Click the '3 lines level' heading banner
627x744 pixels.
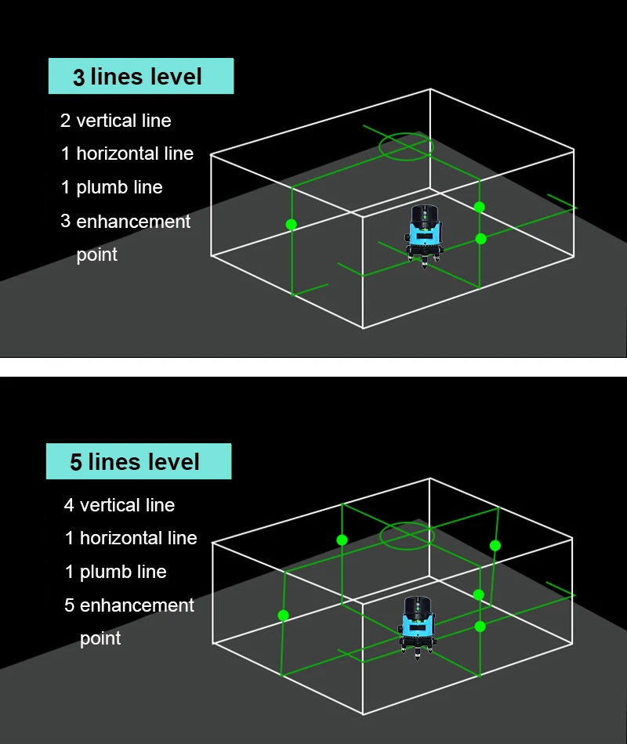(x=141, y=77)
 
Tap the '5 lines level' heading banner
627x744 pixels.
(x=139, y=462)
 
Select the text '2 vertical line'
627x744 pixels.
(x=116, y=121)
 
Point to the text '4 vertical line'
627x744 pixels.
(x=119, y=505)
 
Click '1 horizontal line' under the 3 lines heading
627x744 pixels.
(x=127, y=153)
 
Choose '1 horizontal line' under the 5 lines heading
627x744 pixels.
(x=131, y=538)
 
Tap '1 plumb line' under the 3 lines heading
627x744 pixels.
(x=112, y=187)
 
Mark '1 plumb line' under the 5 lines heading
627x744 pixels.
(x=116, y=572)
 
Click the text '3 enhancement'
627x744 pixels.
(x=125, y=222)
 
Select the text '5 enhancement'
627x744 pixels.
(x=129, y=605)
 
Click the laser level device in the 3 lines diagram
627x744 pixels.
(x=424, y=233)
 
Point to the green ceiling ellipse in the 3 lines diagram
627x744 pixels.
(x=406, y=146)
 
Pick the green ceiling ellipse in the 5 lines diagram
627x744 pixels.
(x=406, y=536)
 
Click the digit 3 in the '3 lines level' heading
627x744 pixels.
(x=79, y=78)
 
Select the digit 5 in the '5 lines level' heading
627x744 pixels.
(x=76, y=463)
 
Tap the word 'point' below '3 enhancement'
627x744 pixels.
(x=97, y=255)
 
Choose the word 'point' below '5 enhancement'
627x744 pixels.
(x=100, y=639)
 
